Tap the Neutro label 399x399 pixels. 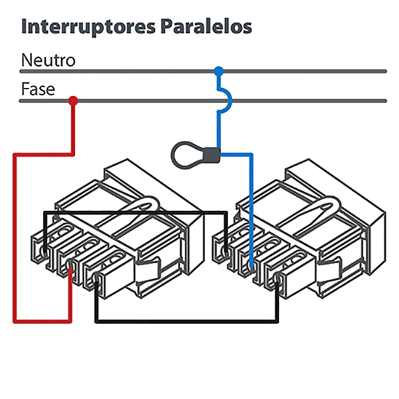point(49,60)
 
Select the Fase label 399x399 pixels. point(38,89)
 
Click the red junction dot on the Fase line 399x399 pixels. point(72,100)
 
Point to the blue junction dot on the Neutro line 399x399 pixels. point(218,70)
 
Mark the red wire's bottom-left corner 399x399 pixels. point(15,321)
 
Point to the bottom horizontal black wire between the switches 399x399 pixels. point(186,322)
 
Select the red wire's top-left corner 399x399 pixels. point(15,155)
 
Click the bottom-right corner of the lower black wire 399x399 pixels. point(277,322)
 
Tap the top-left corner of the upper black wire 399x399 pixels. point(45,213)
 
